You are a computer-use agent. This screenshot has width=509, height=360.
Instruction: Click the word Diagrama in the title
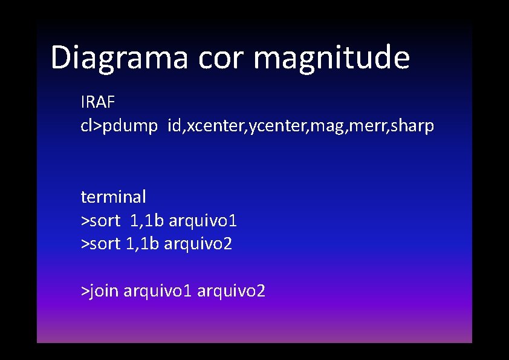coord(120,58)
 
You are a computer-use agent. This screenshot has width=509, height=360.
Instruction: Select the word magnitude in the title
coord(332,58)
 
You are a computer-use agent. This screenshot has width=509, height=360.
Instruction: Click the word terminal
coord(114,197)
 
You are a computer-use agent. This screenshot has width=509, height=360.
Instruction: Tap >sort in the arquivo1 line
coord(100,221)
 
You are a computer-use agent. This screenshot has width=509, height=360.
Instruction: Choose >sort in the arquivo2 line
coord(100,244)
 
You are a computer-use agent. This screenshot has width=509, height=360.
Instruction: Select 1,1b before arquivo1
coord(147,221)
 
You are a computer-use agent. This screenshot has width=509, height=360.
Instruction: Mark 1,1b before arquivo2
coord(142,244)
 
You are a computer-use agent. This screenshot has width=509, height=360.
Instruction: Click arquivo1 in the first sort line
coord(203,221)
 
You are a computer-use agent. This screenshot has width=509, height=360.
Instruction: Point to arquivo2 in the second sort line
coord(198,244)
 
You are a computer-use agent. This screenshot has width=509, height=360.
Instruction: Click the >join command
coord(100,292)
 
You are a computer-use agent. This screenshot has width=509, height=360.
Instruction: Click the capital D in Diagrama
coord(60,58)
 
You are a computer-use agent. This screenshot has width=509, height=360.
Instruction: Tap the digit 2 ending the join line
coord(261,292)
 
